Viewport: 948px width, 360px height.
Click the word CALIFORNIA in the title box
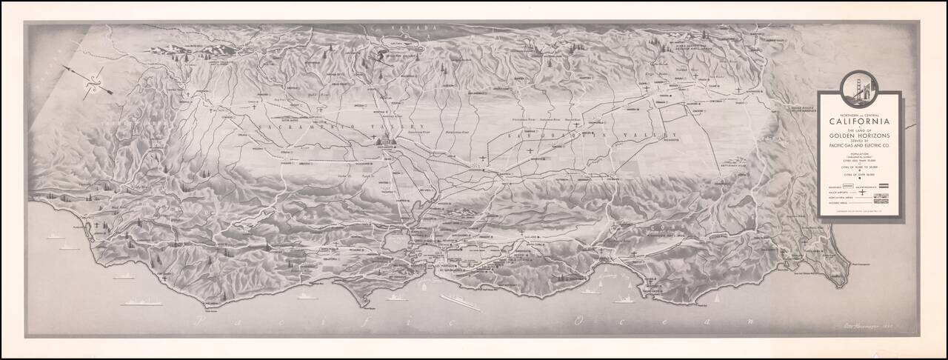(x=858, y=121)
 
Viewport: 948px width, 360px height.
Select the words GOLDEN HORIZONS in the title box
(x=858, y=139)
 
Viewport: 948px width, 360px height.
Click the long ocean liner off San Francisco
(x=460, y=301)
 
